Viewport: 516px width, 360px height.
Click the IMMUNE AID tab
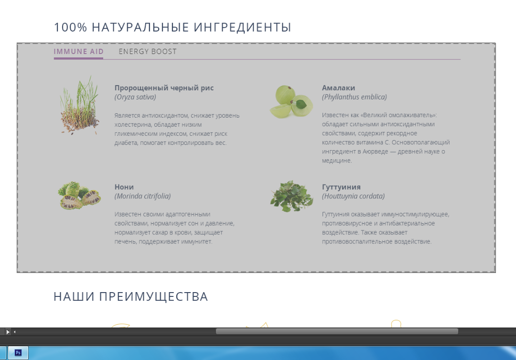79,51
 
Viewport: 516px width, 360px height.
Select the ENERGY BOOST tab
148,51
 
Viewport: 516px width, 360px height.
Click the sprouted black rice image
79,105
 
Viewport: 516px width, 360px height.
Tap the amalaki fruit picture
291,101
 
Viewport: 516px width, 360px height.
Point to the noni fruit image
79,196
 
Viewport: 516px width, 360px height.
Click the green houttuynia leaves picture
291,196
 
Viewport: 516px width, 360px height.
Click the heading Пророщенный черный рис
164,87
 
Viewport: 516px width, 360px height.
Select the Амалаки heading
338,87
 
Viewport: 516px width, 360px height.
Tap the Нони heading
124,187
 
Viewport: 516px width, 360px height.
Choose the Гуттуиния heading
341,187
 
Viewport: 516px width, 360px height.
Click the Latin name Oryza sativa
135,97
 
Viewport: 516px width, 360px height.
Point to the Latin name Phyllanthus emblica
355,97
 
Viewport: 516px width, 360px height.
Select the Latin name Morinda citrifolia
142,196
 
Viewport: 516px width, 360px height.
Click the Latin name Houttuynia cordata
353,196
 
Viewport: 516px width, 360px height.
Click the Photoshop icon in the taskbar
18,353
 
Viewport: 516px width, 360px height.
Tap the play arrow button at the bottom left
8,332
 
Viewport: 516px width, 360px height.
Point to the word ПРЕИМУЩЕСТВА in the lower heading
153,297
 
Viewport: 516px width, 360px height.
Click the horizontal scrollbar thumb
337,331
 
